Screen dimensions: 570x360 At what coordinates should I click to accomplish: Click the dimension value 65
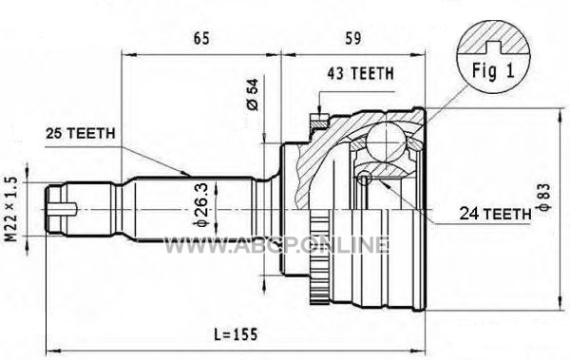pos(201,38)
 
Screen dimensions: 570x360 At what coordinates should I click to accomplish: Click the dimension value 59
pos(352,38)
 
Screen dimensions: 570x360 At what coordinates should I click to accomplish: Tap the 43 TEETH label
pos(360,73)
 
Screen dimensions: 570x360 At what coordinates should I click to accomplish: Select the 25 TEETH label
pos(81,133)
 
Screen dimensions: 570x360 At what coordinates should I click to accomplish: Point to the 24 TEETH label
pos(495,214)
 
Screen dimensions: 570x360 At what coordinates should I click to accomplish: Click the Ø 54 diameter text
pos(253,95)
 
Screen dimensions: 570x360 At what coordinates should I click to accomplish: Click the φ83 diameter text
pos(545,198)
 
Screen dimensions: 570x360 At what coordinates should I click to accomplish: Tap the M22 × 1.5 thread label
pos(11,209)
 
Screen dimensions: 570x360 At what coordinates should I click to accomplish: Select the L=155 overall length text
pos(236,333)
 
